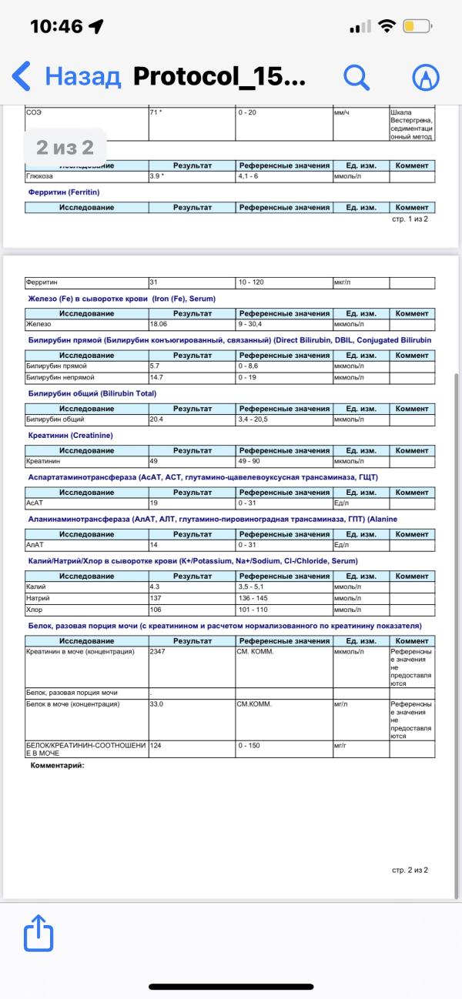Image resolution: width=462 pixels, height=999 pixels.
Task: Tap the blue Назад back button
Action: point(66,76)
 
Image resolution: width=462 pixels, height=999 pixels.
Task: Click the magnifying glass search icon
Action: point(356,76)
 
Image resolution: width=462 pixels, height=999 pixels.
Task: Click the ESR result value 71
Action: point(156,112)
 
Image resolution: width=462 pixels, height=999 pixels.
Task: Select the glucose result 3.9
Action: point(156,177)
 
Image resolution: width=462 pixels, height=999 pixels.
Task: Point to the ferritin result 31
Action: point(154,282)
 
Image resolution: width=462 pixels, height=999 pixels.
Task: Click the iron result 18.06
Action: point(159,324)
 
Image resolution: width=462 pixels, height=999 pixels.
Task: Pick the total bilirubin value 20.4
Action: point(156,419)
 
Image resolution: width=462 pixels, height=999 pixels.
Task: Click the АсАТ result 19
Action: point(154,503)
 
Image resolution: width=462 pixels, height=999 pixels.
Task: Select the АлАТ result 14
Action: point(154,545)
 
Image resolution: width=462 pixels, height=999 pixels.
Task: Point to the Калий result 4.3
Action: point(155,587)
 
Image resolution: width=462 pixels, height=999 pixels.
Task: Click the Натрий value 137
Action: point(156,598)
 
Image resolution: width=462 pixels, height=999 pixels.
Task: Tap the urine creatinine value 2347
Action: point(158,652)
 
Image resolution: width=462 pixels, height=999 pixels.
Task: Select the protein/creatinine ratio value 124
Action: point(156,746)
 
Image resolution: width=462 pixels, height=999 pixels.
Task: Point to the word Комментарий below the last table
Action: point(56,765)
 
